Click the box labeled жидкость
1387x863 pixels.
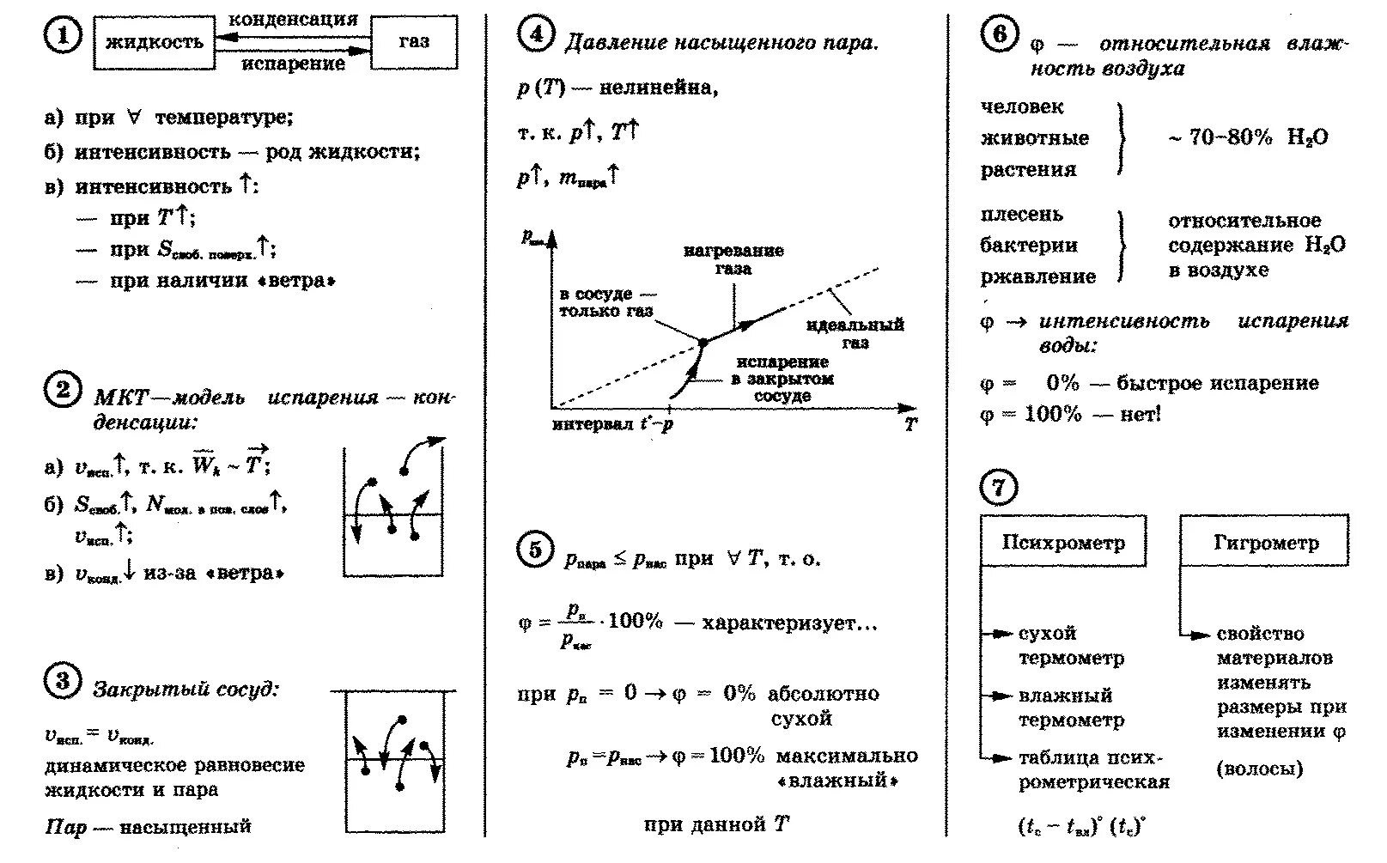[154, 42]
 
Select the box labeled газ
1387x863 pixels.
[414, 42]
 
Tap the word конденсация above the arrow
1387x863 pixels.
[293, 19]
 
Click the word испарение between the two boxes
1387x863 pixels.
[293, 64]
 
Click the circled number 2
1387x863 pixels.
[61, 392]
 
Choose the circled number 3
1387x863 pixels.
[61, 682]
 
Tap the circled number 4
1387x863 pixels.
[535, 35]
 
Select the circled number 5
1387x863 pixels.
[535, 550]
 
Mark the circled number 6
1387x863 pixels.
[999, 36]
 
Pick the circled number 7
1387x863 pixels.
[998, 488]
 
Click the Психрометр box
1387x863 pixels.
[1063, 542]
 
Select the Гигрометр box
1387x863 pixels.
[1265, 542]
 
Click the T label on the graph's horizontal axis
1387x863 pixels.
[910, 424]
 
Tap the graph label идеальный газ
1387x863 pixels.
[855, 334]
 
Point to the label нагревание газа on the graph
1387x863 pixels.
[733, 259]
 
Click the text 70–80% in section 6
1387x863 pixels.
[1229, 137]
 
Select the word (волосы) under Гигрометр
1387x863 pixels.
[1259, 769]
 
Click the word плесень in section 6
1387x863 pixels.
[1021, 215]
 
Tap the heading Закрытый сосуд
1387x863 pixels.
[186, 690]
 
